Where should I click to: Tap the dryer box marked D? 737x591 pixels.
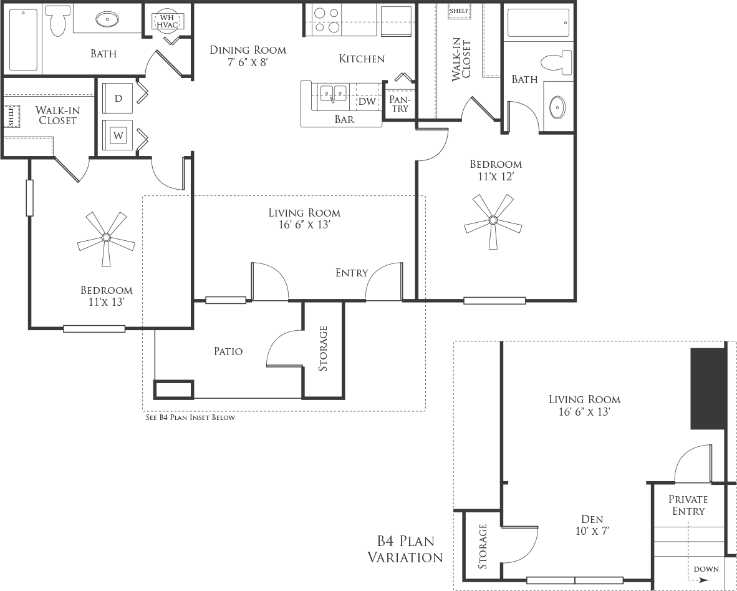point(118,99)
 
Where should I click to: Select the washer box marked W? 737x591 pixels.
point(118,136)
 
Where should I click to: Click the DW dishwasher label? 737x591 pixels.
point(367,101)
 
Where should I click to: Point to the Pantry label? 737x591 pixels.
point(400,104)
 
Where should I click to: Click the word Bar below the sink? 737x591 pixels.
point(344,119)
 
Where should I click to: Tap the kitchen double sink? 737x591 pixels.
point(334,93)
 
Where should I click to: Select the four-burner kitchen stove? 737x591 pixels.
point(327,20)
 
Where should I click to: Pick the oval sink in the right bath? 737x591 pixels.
point(558,108)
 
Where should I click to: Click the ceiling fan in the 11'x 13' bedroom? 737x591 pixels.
point(106,238)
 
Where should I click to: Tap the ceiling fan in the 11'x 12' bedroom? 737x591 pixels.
point(493,220)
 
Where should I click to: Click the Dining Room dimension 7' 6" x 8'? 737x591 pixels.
point(248,62)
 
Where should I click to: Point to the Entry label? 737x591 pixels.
point(352,273)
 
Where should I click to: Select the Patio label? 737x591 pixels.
point(228,351)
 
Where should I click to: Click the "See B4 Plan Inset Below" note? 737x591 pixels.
point(190,418)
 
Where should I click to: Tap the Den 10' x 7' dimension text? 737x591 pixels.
point(592,531)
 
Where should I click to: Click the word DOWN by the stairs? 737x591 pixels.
point(706,569)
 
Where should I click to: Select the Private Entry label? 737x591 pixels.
point(688,505)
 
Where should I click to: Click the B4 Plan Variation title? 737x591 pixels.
point(405,549)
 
